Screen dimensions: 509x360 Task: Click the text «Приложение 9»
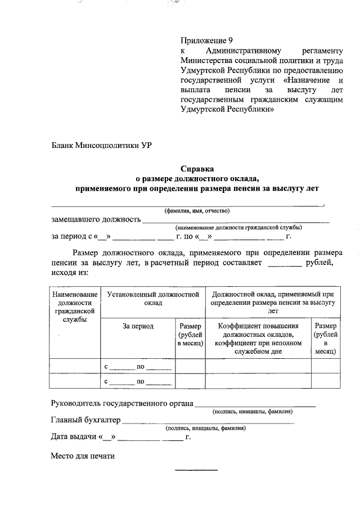pyautogui.click(x=206, y=40)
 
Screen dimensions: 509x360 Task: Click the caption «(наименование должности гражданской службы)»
pyautogui.click(x=238, y=227)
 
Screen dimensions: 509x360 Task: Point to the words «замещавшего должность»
pyautogui.click(x=96, y=219)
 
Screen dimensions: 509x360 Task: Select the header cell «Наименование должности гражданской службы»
pyautogui.click(x=74, y=307)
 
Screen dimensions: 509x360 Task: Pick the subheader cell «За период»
pyautogui.click(x=138, y=326)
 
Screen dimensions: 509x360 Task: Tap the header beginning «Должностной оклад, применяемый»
pyautogui.click(x=273, y=302)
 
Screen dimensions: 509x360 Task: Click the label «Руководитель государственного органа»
pyautogui.click(x=122, y=403)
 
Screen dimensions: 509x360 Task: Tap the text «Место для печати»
pyautogui.click(x=83, y=456)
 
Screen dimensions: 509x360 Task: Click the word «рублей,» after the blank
pyautogui.click(x=319, y=263)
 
